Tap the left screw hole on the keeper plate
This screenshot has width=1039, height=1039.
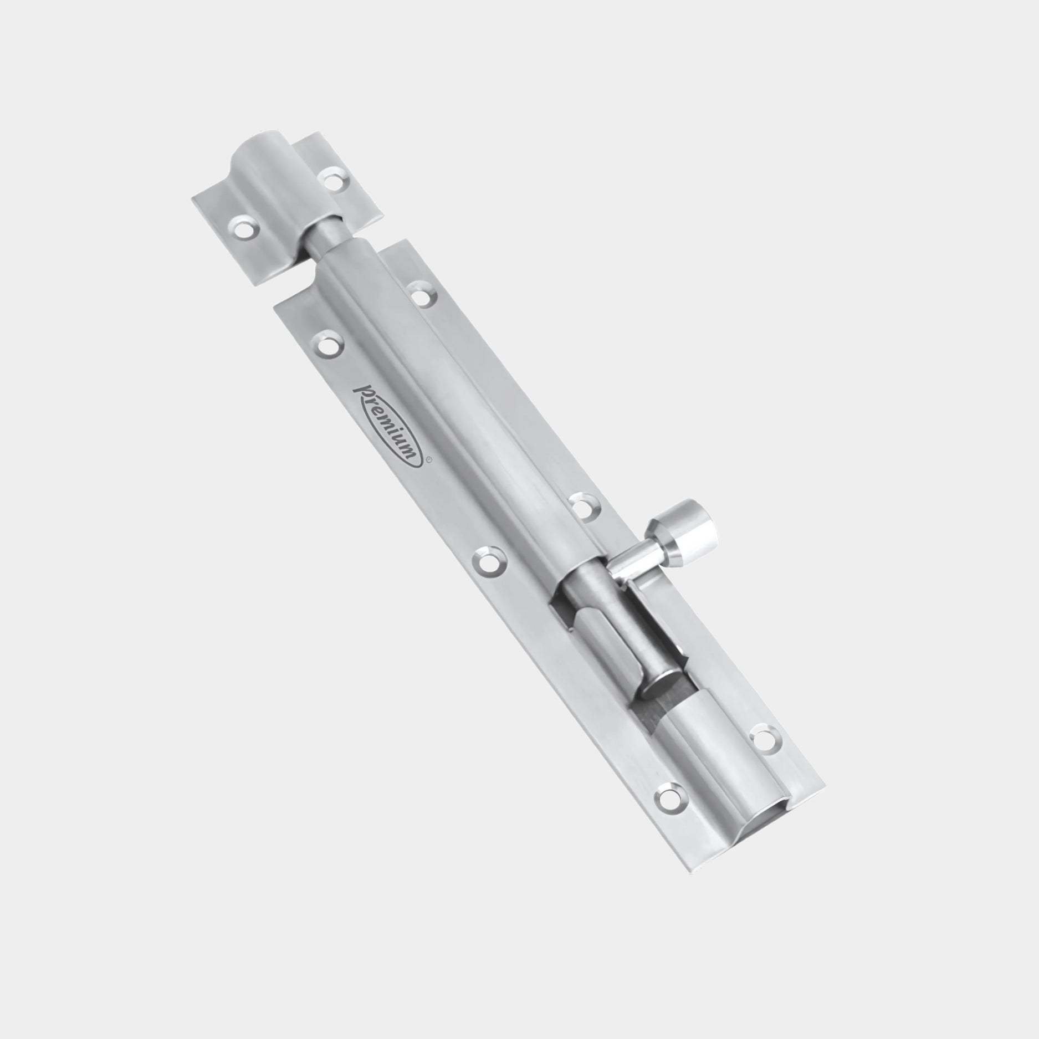point(243,228)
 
